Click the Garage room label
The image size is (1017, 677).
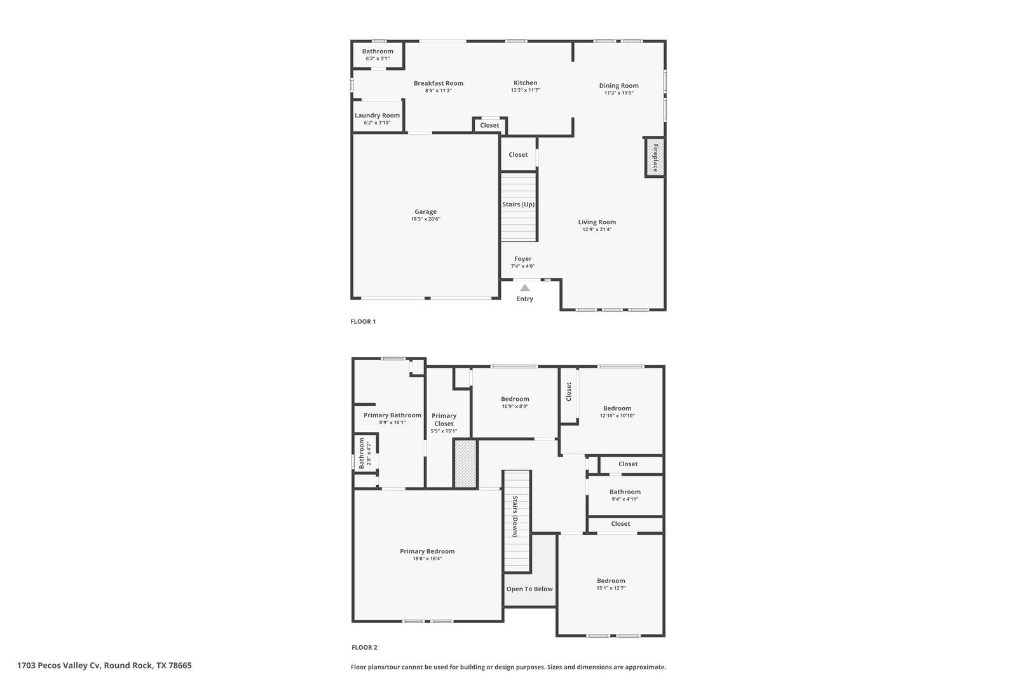coord(425,212)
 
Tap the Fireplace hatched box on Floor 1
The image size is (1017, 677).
coord(655,158)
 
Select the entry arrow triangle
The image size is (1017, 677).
coord(524,288)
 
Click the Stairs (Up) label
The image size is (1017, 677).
coord(518,204)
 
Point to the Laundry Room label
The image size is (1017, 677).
coord(377,116)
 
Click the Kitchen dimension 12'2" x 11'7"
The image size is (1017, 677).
coord(525,90)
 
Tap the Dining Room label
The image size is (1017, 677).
coord(618,86)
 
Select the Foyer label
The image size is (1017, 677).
coord(522,259)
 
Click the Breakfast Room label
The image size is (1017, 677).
coord(438,83)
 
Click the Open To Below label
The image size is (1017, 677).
coord(529,589)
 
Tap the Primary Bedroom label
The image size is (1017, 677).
coord(427,551)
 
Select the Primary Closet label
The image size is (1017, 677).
coord(444,420)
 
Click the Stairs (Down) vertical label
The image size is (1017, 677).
coord(515,516)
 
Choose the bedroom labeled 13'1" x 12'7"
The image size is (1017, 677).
coord(611,580)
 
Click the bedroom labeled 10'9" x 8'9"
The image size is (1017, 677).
coord(515,399)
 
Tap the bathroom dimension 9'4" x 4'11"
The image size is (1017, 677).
coord(625,499)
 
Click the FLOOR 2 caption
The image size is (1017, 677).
coord(364,648)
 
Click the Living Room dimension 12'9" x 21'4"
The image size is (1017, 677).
coord(597,229)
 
